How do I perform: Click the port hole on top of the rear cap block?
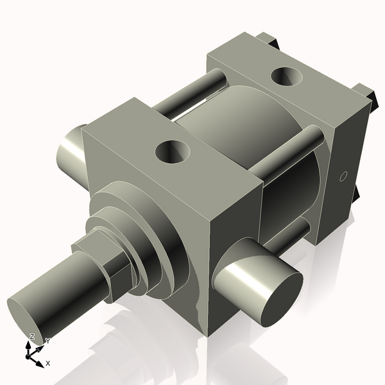[287, 76]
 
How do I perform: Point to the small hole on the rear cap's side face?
[342, 176]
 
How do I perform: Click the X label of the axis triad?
[48, 363]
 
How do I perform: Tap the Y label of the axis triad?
[47, 341]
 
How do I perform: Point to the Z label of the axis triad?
[31, 336]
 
